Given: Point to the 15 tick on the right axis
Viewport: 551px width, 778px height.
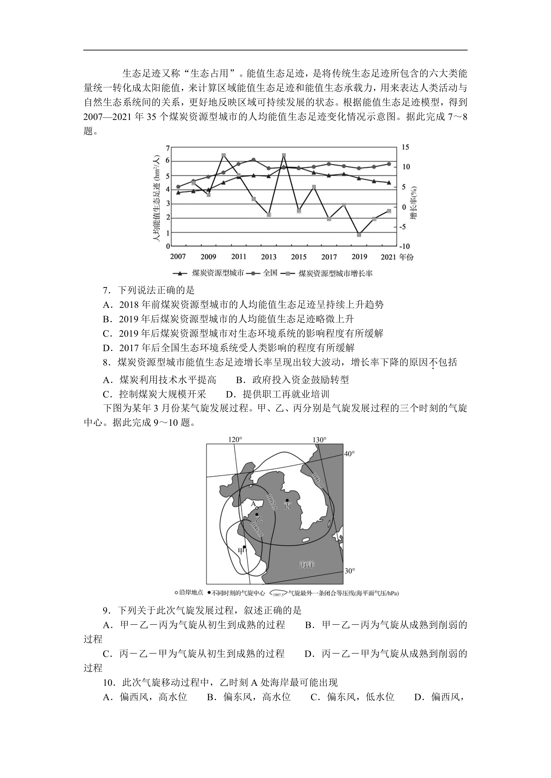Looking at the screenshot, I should coord(406,148).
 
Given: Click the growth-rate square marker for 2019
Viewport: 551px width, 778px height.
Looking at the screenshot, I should coord(359,235).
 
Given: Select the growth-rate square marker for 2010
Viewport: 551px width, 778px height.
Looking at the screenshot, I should coord(224,155).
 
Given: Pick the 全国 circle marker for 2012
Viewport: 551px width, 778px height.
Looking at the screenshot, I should coord(253,160).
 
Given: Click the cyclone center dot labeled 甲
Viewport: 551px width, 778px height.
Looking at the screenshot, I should coord(245,547).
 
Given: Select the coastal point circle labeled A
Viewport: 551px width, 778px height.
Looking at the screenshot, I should coord(257,517).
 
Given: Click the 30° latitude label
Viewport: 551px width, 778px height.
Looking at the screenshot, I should coord(349,571).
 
